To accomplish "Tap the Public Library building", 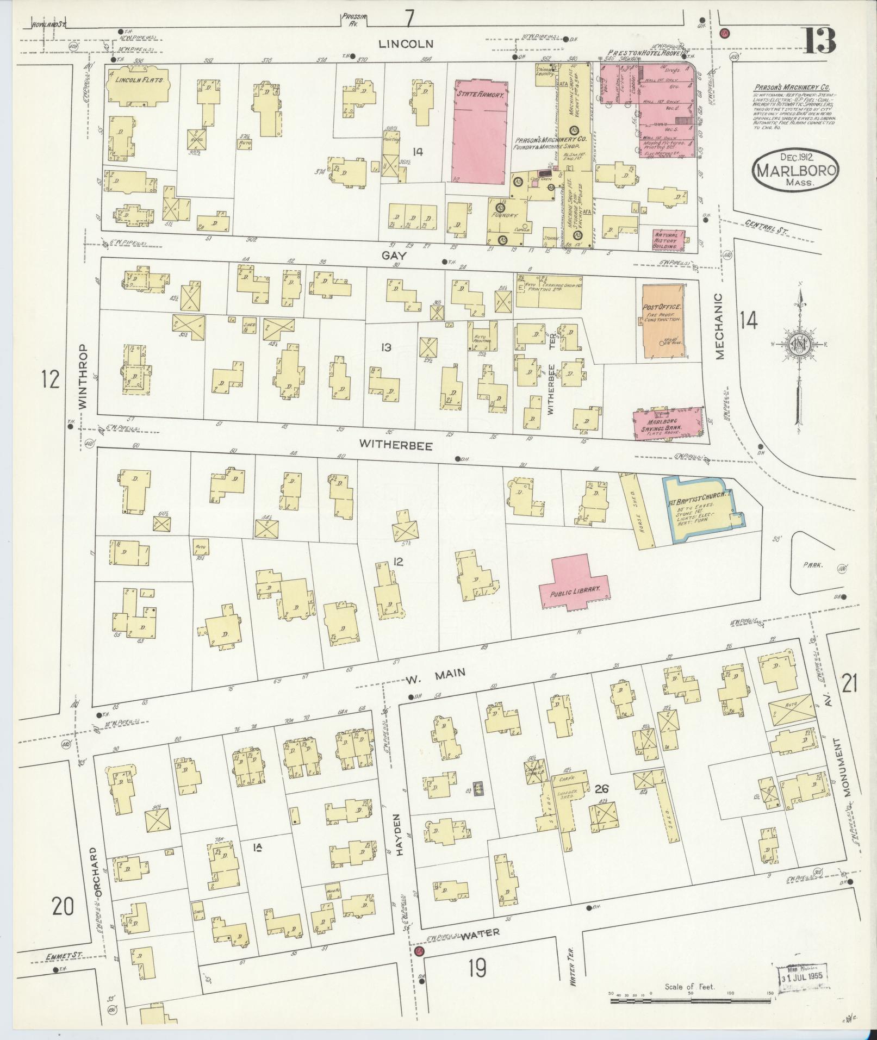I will (574, 585).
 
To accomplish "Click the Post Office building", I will (662, 321).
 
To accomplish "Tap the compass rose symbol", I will (800, 346).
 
